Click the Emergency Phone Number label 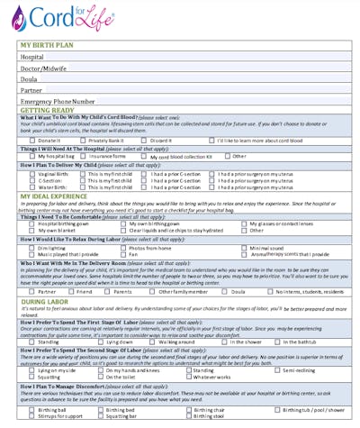click(x=58, y=102)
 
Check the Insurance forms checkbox click(x=85, y=156)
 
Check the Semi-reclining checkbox click(x=277, y=370)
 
